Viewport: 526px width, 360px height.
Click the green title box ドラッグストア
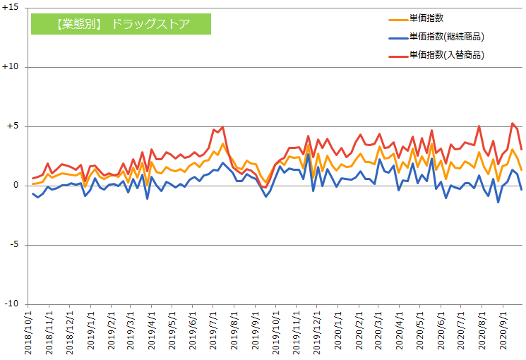click(x=121, y=24)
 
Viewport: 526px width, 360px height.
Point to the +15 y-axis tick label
click(x=11, y=8)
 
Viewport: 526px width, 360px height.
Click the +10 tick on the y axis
click(x=11, y=67)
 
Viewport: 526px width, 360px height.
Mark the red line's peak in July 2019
click(x=222, y=127)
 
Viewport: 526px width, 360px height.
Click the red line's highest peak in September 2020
click(x=512, y=124)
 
